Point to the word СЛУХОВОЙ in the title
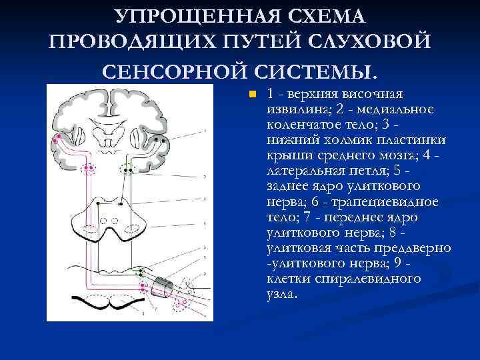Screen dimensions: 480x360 361,42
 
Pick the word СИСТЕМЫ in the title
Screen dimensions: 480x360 325,69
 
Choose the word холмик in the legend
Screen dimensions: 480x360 345,140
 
